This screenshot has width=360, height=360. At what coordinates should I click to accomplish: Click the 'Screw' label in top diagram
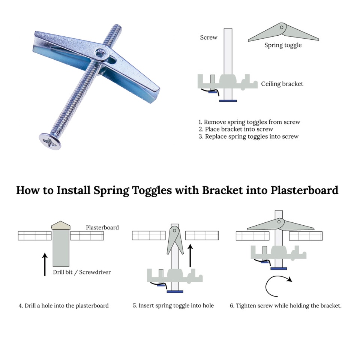pyautogui.click(x=208, y=37)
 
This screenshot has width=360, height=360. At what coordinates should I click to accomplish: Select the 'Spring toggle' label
pyautogui.click(x=283, y=45)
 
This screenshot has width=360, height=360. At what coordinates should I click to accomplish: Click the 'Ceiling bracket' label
pyautogui.click(x=282, y=84)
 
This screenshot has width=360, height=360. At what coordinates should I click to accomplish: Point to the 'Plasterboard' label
pyautogui.click(x=102, y=228)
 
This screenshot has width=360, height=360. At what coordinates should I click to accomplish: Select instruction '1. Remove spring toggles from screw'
pyautogui.click(x=249, y=122)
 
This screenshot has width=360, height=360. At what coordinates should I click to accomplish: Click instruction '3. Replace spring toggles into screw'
pyautogui.click(x=249, y=136)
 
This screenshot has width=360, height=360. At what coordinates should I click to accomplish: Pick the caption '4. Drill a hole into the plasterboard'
pyautogui.click(x=64, y=306)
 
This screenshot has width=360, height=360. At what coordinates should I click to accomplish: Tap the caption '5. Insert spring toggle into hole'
pyautogui.click(x=173, y=306)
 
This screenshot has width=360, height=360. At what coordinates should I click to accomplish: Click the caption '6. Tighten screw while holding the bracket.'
pyautogui.click(x=286, y=306)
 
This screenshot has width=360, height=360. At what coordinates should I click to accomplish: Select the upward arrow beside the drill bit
pyautogui.click(x=45, y=264)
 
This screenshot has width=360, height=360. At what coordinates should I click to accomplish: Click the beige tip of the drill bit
pyautogui.click(x=61, y=225)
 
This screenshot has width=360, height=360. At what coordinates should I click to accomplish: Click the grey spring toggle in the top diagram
pyautogui.click(x=283, y=33)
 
